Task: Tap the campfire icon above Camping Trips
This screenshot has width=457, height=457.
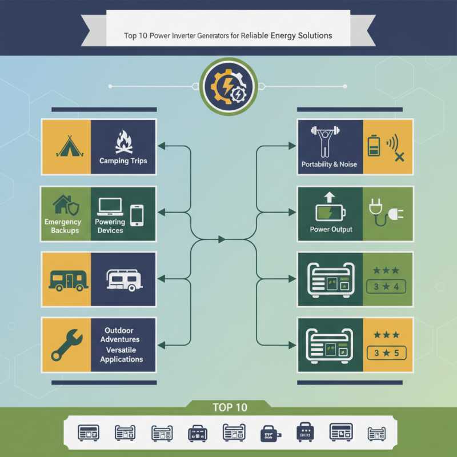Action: (x=123, y=142)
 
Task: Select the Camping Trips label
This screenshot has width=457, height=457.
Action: (x=123, y=161)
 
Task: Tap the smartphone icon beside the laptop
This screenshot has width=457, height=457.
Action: (x=137, y=215)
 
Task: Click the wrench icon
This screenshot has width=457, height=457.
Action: (x=66, y=344)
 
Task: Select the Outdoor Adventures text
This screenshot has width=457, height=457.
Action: (x=119, y=335)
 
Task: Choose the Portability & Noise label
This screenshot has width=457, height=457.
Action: (x=329, y=165)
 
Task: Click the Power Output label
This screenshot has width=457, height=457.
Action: (x=331, y=230)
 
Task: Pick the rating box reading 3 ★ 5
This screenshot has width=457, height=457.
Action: (x=386, y=353)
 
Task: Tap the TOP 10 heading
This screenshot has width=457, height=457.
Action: (x=230, y=407)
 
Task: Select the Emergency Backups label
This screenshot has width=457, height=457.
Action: (x=63, y=226)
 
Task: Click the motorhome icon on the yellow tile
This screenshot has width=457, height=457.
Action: (x=67, y=279)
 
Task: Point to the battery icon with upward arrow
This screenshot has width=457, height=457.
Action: (x=330, y=209)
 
